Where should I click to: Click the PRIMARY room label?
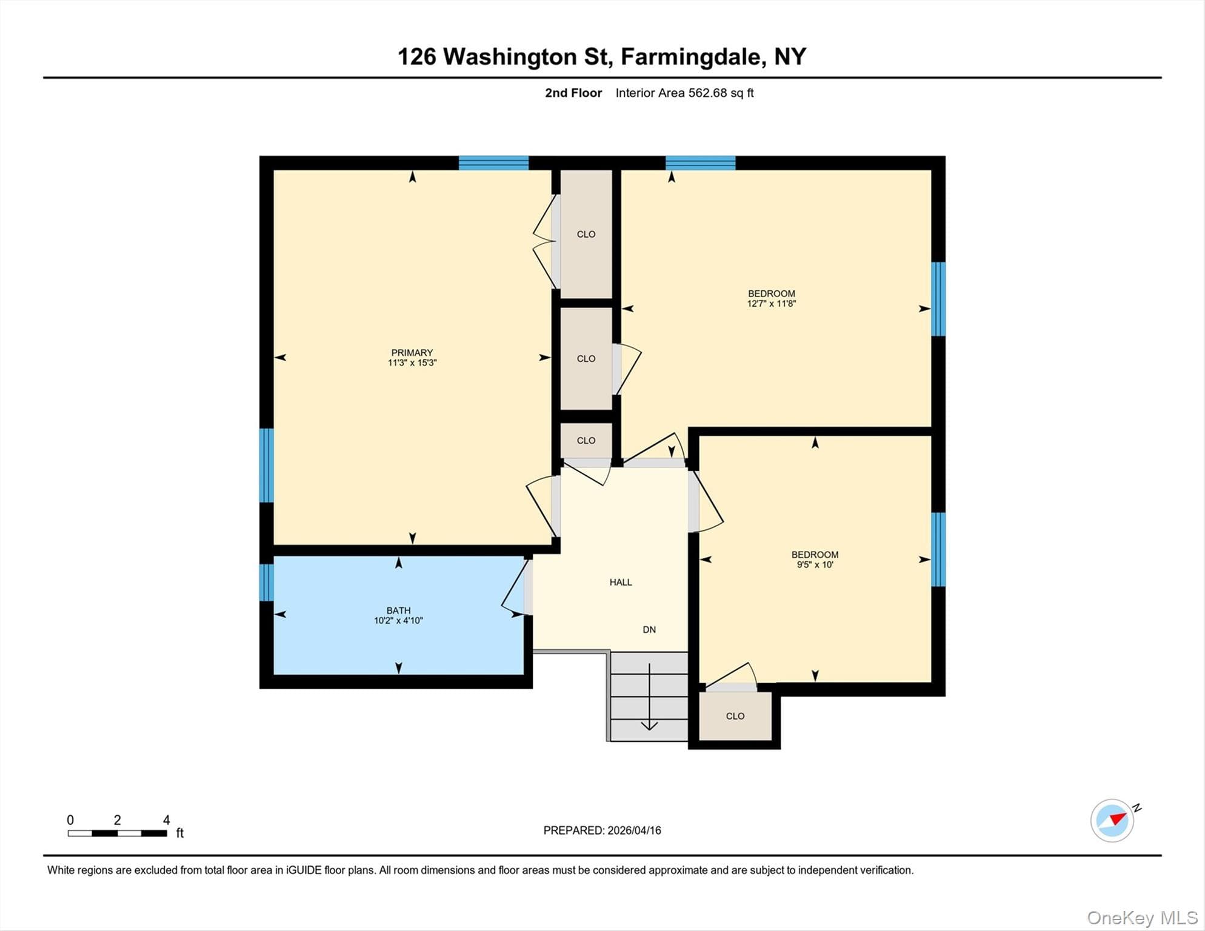[x=412, y=353]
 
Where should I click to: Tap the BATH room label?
[x=398, y=610]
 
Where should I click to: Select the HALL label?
[x=621, y=582]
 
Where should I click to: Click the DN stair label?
[x=649, y=630]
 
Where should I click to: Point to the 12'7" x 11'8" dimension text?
[x=771, y=304]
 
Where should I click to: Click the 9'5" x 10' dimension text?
[x=815, y=565]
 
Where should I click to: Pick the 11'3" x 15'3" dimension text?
[x=412, y=363]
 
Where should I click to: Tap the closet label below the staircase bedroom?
[x=735, y=716]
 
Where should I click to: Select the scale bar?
[x=117, y=833]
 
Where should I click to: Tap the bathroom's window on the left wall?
[x=267, y=582]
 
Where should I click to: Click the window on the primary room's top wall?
[x=493, y=163]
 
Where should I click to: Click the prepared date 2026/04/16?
[x=634, y=831]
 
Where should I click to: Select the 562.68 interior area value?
[x=707, y=93]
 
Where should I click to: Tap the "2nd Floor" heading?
[x=573, y=93]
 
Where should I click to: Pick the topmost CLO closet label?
[x=586, y=235]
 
